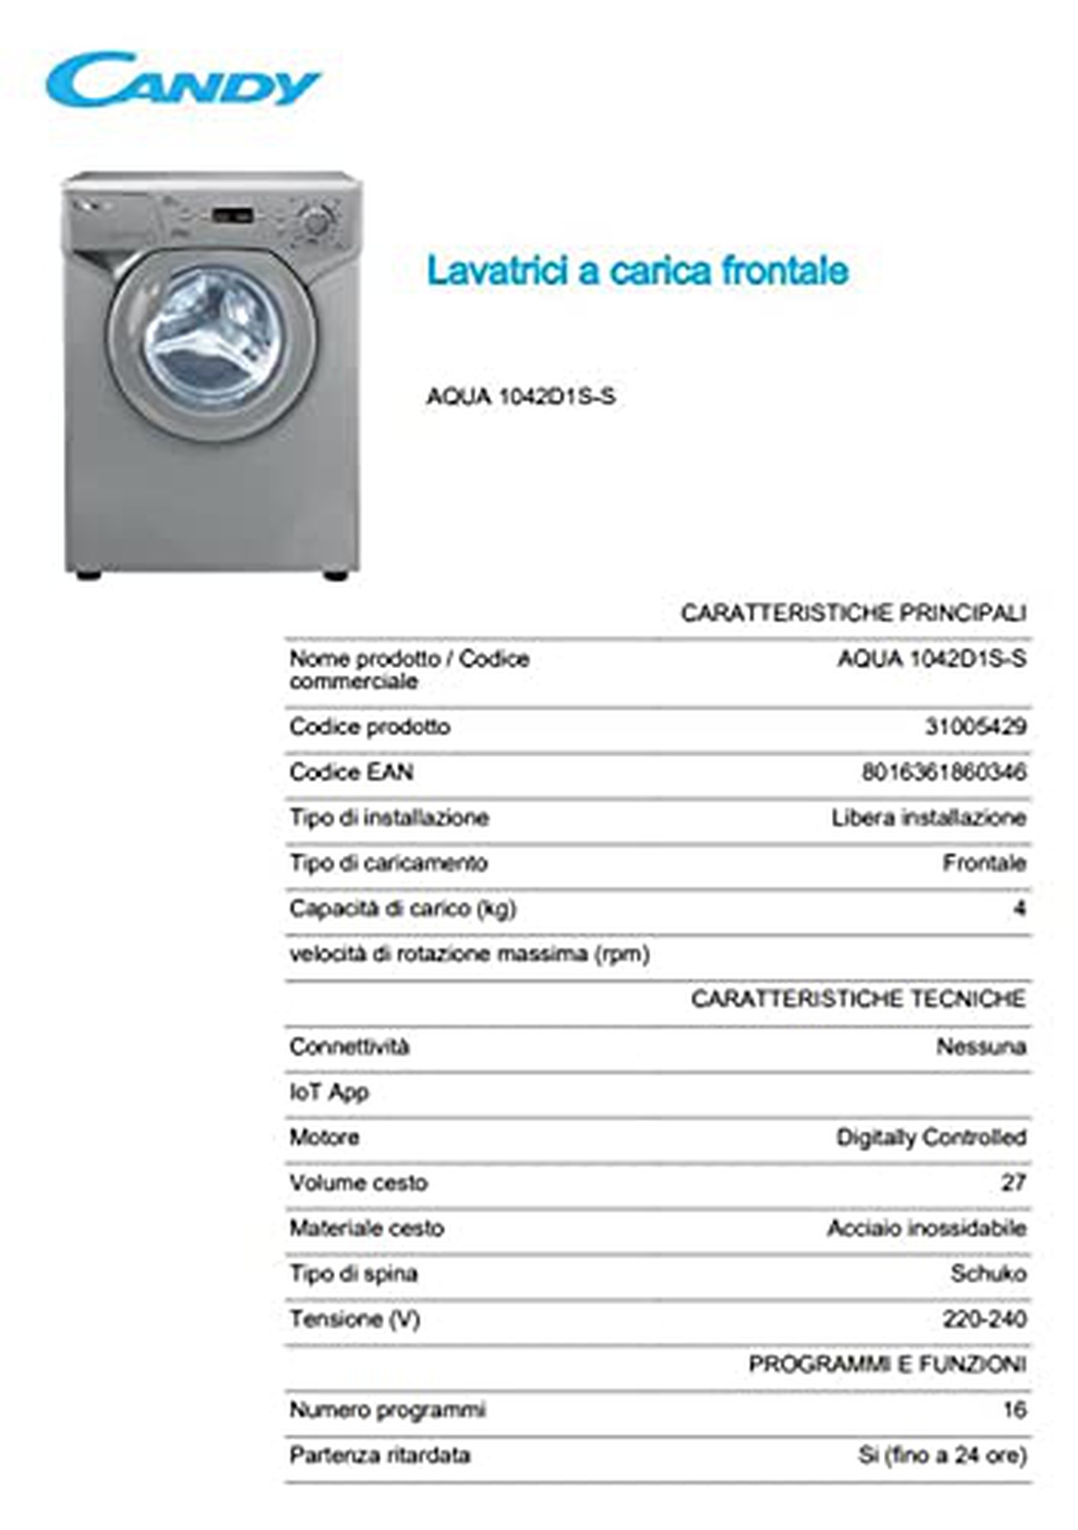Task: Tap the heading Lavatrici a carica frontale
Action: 637,270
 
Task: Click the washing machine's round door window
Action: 214,337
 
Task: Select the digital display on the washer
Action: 231,215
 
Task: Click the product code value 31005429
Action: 976,726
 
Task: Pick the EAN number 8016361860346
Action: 943,772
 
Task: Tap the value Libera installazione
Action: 928,818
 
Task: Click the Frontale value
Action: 984,863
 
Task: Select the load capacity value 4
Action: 1019,909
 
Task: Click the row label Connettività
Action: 349,1046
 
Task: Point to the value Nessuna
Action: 981,1046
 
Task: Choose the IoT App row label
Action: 329,1092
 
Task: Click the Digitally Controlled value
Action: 931,1138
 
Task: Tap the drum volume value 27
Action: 1013,1183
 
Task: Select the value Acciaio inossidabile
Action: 926,1228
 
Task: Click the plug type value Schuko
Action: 988,1273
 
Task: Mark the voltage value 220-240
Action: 984,1319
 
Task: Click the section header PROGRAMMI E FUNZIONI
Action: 887,1365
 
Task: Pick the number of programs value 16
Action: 1014,1410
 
